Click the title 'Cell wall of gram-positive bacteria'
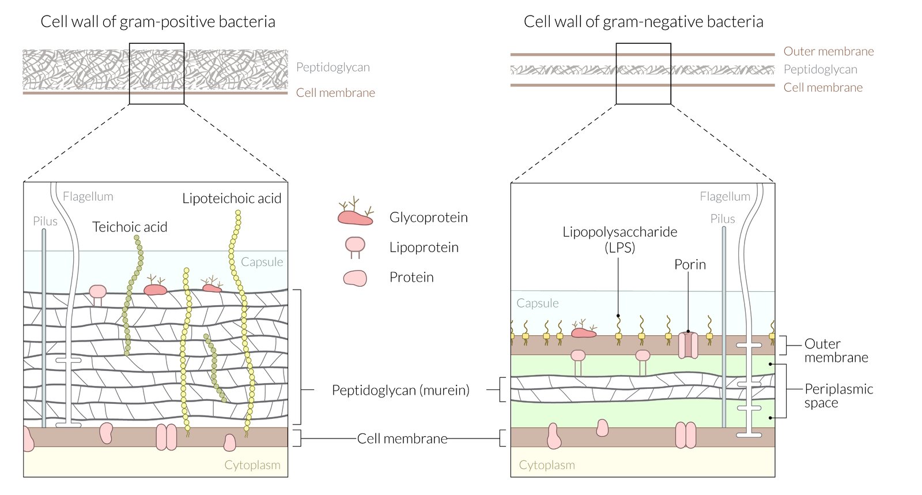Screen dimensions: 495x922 157,22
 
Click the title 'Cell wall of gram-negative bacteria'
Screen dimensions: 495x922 643,22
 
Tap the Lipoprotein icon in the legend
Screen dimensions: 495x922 355,246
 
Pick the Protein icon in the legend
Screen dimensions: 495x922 355,278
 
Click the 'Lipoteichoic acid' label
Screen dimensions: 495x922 232,198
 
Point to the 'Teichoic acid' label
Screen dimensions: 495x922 130,227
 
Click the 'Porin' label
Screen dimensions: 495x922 690,265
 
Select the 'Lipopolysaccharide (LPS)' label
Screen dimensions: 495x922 619,239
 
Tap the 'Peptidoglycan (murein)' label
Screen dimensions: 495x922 400,391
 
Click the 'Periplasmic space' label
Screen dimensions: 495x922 838,396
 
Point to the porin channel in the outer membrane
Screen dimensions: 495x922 688,344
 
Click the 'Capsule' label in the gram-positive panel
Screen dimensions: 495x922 262,262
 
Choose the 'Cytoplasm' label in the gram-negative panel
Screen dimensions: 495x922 547,465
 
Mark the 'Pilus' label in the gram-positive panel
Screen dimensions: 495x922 45,222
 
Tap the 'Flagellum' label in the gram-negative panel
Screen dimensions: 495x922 725,197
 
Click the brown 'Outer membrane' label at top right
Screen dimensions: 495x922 828,51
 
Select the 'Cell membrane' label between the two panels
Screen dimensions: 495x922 402,438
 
